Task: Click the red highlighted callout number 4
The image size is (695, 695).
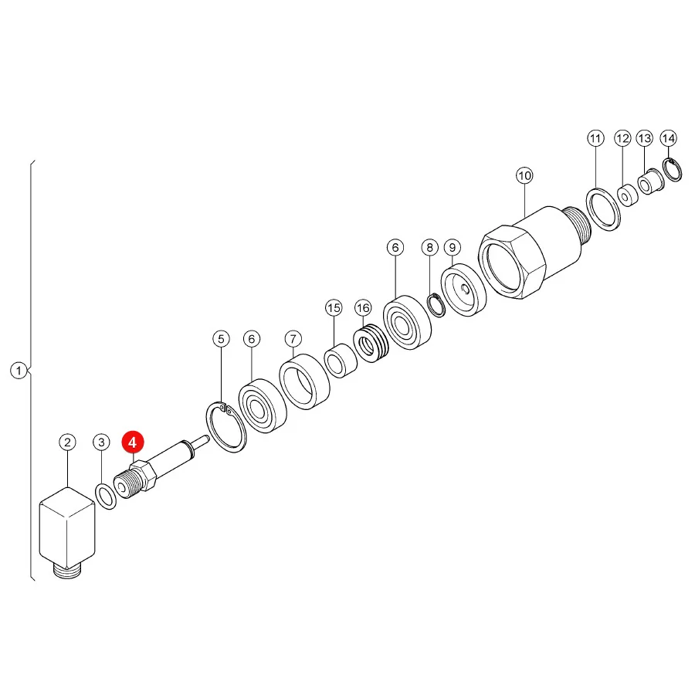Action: click(133, 442)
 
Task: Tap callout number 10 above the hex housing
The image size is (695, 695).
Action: click(524, 175)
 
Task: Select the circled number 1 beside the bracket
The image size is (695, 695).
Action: click(19, 370)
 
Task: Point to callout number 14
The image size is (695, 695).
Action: click(669, 138)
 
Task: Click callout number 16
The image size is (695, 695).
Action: click(363, 307)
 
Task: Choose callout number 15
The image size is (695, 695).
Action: click(334, 307)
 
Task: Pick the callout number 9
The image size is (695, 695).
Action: click(452, 247)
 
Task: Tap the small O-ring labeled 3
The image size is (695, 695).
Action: click(106, 497)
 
